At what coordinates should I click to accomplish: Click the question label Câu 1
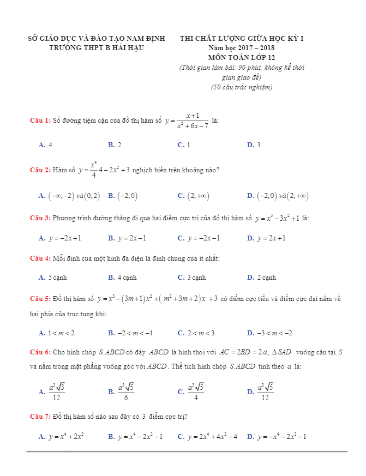point(40,120)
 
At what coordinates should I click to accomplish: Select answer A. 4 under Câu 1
point(46,145)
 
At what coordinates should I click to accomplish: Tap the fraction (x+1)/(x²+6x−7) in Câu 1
point(192,121)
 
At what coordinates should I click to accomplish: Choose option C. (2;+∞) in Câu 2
point(194,196)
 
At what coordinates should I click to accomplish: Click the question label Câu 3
point(40,218)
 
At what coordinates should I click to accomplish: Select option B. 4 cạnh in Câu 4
point(122,278)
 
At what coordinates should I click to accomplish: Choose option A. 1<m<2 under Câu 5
point(57,333)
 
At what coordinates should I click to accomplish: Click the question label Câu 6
point(40,352)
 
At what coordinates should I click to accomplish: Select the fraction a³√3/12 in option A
point(57,391)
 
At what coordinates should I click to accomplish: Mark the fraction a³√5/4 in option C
point(195,391)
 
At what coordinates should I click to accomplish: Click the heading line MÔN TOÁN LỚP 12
point(242,57)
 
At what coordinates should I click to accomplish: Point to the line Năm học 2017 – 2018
point(242,49)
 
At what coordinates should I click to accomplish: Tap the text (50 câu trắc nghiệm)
point(242,87)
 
